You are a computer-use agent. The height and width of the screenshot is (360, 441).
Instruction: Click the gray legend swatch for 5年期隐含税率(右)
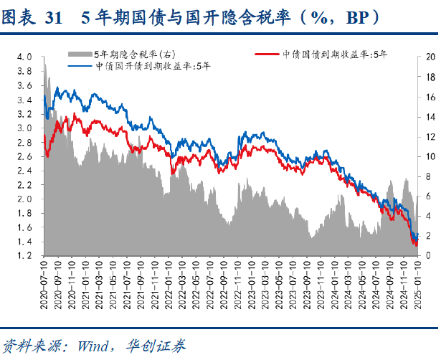pos(81,54)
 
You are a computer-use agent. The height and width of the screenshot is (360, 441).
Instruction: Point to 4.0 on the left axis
pos(26,56)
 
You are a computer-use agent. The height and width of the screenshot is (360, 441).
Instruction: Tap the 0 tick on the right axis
pos(428,255)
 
